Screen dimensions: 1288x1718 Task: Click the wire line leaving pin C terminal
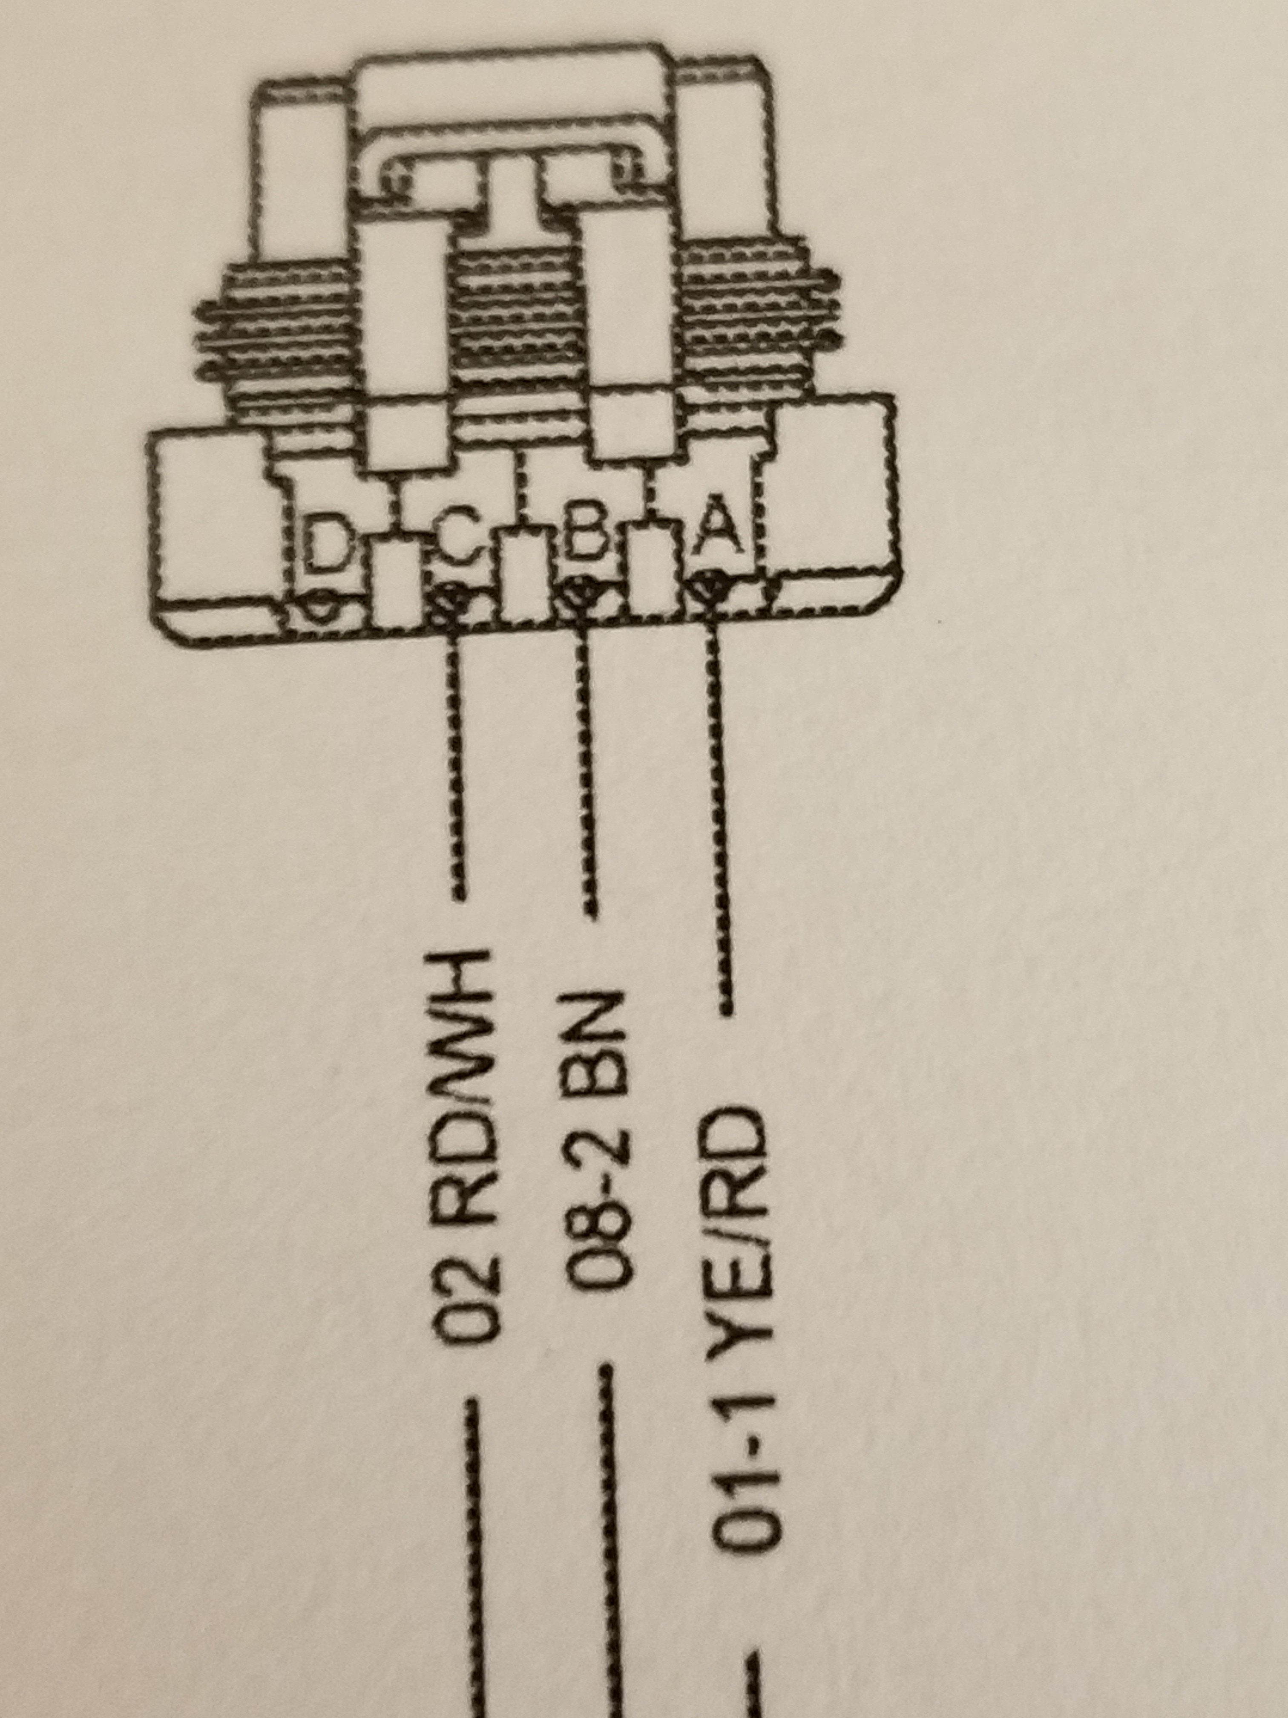(x=457, y=761)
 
